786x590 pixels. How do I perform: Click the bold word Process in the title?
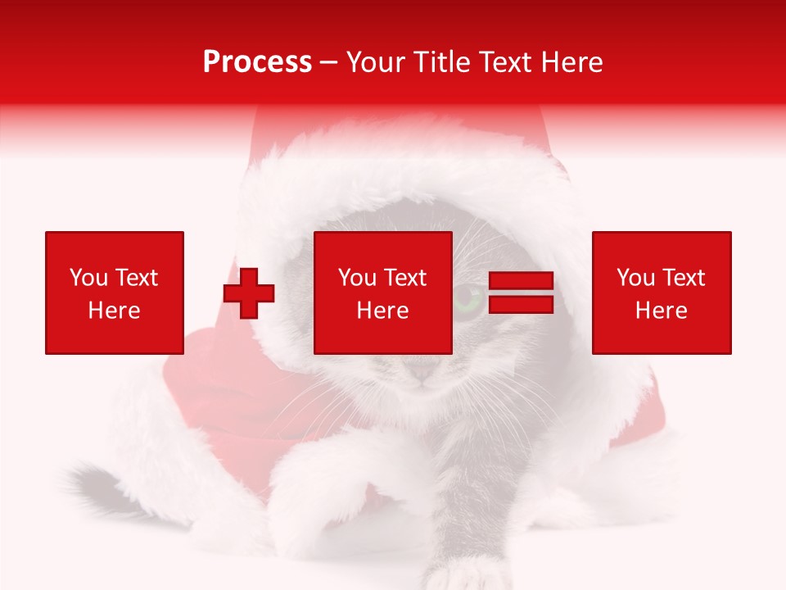point(257,62)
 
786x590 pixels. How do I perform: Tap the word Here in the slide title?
point(571,62)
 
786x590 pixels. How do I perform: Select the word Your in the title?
point(373,62)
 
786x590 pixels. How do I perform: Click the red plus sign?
point(249,293)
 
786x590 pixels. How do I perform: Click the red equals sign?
point(521,293)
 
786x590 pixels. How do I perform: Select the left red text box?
point(114,293)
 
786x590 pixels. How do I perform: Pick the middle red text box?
point(382,293)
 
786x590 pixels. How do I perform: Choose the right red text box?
point(661,293)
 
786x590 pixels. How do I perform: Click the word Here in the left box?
point(114,311)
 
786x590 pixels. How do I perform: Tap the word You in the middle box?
point(357,278)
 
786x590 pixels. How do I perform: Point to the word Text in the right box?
point(684,278)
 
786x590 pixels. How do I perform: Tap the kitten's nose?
point(422,374)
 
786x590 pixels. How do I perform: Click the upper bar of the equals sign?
point(521,281)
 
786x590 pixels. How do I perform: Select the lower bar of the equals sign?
point(521,304)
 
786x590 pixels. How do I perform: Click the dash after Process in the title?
point(329,63)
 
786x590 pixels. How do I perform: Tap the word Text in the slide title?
point(506,62)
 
